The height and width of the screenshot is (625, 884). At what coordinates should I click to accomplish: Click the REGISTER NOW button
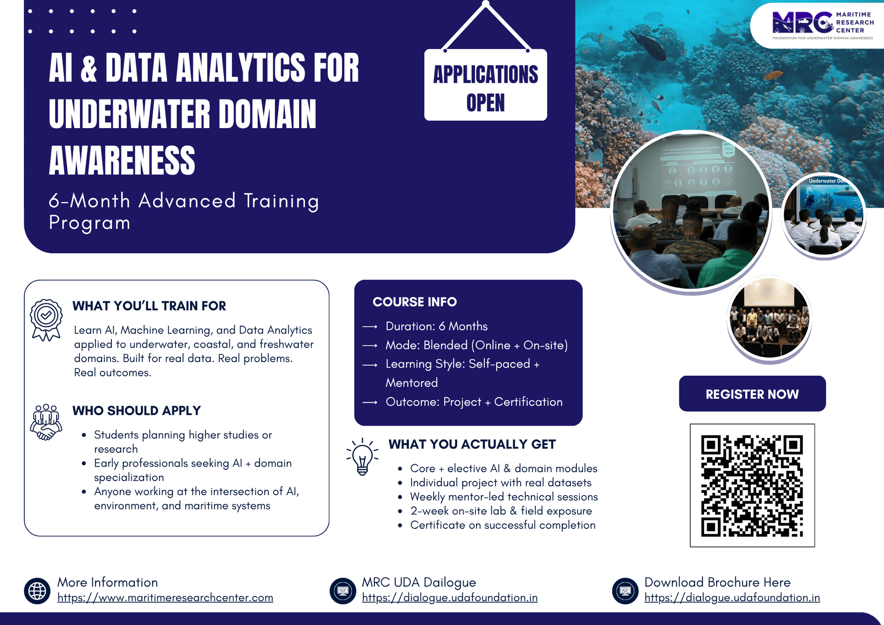tap(752, 394)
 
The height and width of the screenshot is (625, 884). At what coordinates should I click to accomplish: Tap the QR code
tap(752, 485)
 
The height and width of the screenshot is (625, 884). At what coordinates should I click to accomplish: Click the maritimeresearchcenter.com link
tap(165, 597)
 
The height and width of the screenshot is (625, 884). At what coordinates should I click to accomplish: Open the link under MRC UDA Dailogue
tap(449, 597)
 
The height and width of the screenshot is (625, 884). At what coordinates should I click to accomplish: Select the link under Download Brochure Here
tap(732, 597)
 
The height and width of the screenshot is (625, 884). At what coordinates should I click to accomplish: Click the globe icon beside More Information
tap(37, 590)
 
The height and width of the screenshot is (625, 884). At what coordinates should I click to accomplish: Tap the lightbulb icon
tap(362, 456)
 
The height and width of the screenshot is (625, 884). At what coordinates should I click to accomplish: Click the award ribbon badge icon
tap(46, 320)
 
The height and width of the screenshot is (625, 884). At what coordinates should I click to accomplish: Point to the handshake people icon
tap(46, 422)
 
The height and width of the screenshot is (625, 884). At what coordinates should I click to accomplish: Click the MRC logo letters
tap(803, 22)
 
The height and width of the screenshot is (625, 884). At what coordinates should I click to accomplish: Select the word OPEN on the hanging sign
tap(485, 103)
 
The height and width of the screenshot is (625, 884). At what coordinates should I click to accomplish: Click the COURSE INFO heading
tap(414, 302)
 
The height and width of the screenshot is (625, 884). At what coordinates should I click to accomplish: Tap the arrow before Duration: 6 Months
tap(370, 327)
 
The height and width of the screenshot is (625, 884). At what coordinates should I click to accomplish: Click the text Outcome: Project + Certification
tap(474, 402)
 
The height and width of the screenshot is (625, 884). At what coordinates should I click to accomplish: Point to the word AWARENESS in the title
tap(122, 160)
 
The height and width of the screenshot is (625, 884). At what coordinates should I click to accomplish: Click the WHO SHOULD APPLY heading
tap(137, 410)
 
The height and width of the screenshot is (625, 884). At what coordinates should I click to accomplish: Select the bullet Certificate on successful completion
tap(502, 525)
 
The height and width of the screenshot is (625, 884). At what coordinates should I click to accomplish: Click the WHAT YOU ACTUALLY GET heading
tap(472, 444)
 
